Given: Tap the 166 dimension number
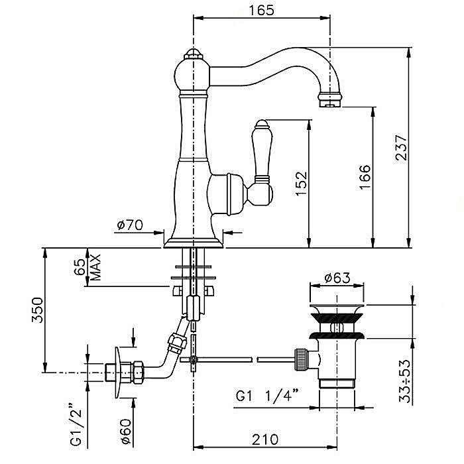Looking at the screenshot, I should click(x=365, y=177).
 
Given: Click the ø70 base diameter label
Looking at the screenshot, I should click(x=130, y=225).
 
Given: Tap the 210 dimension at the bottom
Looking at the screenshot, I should click(x=264, y=439).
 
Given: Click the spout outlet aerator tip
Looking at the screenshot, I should click(x=330, y=100).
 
